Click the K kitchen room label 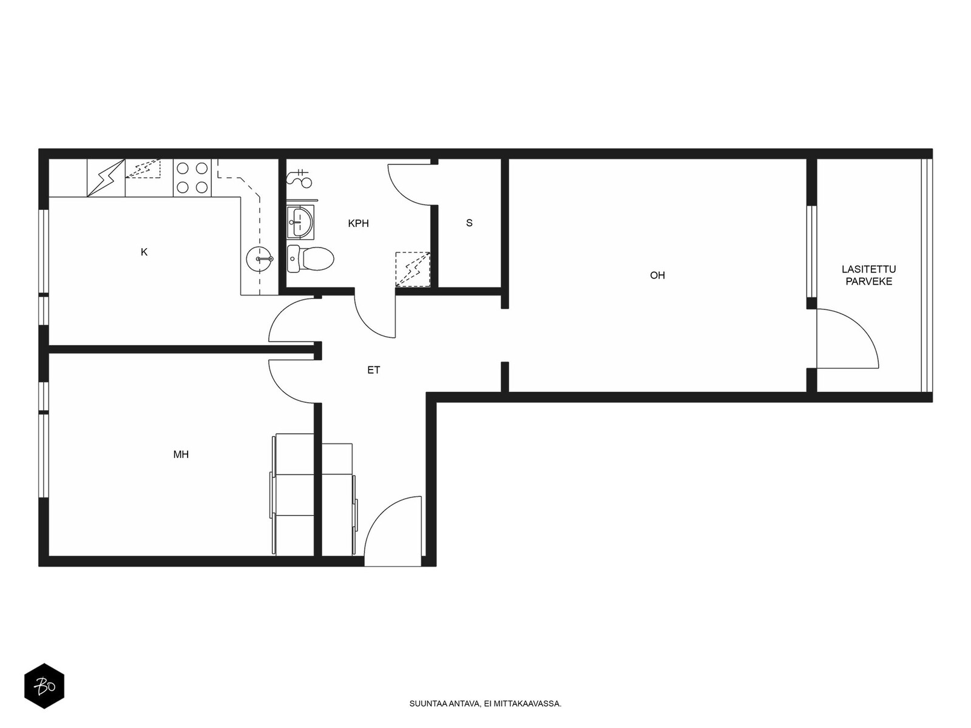coord(144,252)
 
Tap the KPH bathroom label coord(358,224)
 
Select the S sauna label coord(469,223)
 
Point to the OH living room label coord(657,275)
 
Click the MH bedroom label coord(181,454)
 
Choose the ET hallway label coord(374,371)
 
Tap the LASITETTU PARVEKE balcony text coord(869,275)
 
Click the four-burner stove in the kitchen coord(192,178)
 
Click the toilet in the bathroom coord(310,258)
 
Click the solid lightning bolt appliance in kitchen coord(106,178)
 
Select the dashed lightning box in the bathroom coord(413,269)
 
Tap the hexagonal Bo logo coord(44,686)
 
